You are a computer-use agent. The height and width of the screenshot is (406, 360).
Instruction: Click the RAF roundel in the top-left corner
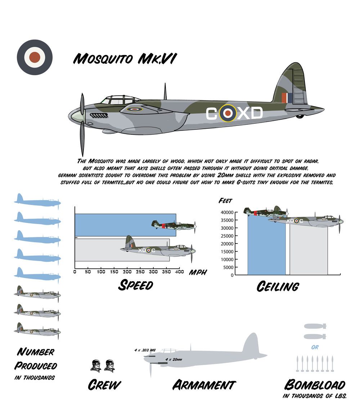click(35, 57)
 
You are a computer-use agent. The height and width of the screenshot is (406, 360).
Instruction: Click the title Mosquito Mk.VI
click(124, 59)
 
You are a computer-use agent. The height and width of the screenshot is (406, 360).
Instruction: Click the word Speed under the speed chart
click(136, 285)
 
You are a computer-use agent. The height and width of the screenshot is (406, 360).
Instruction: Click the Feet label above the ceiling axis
click(226, 201)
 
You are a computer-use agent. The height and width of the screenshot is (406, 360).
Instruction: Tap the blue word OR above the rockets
click(315, 347)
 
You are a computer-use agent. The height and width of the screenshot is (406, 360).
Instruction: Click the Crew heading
click(104, 385)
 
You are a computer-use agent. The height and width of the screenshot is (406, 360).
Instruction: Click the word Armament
click(204, 385)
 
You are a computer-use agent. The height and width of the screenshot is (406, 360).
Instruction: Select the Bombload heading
click(315, 385)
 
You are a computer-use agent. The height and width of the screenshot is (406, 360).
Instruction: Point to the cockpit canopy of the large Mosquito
click(114, 100)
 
